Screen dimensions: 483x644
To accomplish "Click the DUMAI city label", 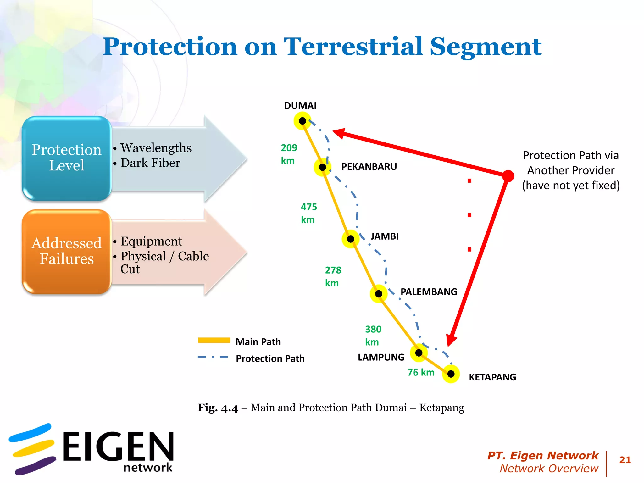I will pyautogui.click(x=300, y=106).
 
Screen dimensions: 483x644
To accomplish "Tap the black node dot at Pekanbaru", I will pyautogui.click(x=323, y=167).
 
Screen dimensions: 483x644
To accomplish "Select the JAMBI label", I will pyautogui.click(x=384, y=236).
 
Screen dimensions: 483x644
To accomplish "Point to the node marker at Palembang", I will pyautogui.click(x=379, y=294).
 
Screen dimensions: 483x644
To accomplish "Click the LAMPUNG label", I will pyautogui.click(x=381, y=357).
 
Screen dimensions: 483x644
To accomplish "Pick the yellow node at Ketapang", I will pyautogui.click(x=451, y=374).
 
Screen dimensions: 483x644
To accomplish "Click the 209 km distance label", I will pyautogui.click(x=289, y=154).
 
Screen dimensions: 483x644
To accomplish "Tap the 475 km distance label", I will pyautogui.click(x=309, y=213).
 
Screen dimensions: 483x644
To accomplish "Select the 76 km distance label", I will pyautogui.click(x=421, y=372).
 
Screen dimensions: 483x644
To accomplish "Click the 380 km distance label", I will pyautogui.click(x=373, y=336).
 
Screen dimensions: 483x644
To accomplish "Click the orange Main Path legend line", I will pyautogui.click(x=214, y=340).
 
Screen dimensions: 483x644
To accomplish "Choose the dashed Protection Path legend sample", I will pyautogui.click(x=213, y=358).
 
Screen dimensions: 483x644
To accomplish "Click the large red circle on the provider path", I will pyautogui.click(x=508, y=176).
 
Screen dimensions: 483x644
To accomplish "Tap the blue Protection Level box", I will pyautogui.click(x=67, y=158).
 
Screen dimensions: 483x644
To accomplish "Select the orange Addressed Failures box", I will pyautogui.click(x=67, y=252).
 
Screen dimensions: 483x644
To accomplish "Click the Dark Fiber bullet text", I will pyautogui.click(x=150, y=163).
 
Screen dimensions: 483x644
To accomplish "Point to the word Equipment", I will pyautogui.click(x=151, y=241).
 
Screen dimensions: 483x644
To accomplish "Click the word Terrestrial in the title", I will pyautogui.click(x=353, y=47).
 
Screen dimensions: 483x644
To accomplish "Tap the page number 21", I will pyautogui.click(x=625, y=460).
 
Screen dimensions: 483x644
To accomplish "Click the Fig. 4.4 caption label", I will pyautogui.click(x=218, y=408).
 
